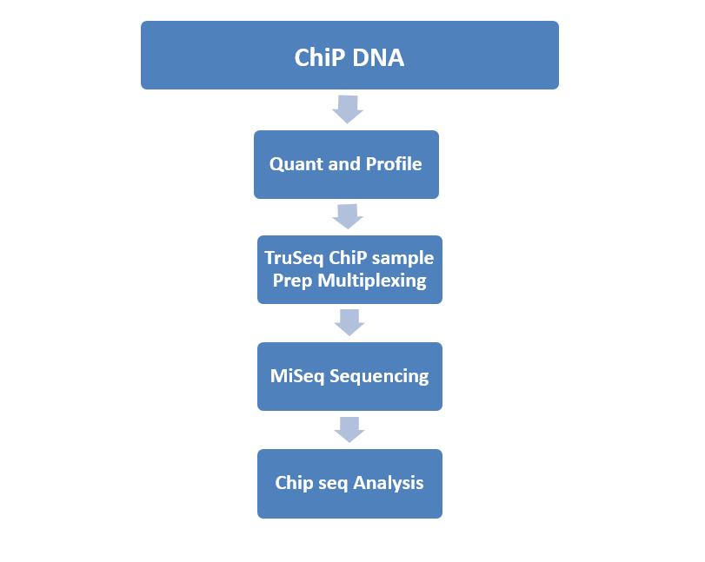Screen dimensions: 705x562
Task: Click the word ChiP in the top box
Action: (319, 57)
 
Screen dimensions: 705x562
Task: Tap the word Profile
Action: (394, 163)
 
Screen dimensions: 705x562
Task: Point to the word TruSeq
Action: (294, 258)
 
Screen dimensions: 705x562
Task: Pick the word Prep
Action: (292, 281)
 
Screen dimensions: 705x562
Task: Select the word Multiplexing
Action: (372, 281)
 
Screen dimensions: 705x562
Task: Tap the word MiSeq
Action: (297, 376)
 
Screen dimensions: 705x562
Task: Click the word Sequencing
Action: (379, 376)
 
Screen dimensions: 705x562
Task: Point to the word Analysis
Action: (388, 483)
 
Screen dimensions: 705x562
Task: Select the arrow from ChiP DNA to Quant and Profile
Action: (348, 109)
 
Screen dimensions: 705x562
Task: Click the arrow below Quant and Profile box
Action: (348, 216)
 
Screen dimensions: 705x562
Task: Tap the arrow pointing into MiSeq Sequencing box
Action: (349, 322)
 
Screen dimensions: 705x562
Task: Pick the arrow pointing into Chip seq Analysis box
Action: (349, 429)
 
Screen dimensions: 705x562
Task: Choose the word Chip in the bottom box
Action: (294, 483)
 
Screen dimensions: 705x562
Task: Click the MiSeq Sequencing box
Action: (349, 376)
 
